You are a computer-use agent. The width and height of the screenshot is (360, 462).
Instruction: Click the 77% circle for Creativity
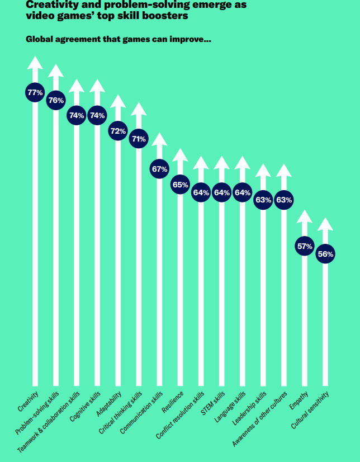tap(35, 92)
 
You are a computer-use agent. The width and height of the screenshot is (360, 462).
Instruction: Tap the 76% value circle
tap(56, 100)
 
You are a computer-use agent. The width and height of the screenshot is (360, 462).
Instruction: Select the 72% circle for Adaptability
tap(118, 131)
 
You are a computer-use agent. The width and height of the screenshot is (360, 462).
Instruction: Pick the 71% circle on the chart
tap(139, 139)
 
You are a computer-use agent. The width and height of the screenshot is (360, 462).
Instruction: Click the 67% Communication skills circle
tap(159, 169)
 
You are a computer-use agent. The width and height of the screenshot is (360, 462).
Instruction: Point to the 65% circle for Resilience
tap(180, 184)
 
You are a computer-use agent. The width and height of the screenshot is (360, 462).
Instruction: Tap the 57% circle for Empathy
tap(304, 246)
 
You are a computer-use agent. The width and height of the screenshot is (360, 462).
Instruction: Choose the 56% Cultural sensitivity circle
tap(325, 254)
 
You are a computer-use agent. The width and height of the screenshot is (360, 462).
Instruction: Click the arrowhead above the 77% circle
tap(35, 62)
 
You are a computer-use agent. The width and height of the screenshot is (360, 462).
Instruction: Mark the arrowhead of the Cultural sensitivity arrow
tap(325, 224)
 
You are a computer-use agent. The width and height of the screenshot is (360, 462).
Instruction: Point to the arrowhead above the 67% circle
tap(159, 139)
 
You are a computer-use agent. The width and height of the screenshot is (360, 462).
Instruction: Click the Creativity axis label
tap(27, 404)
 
